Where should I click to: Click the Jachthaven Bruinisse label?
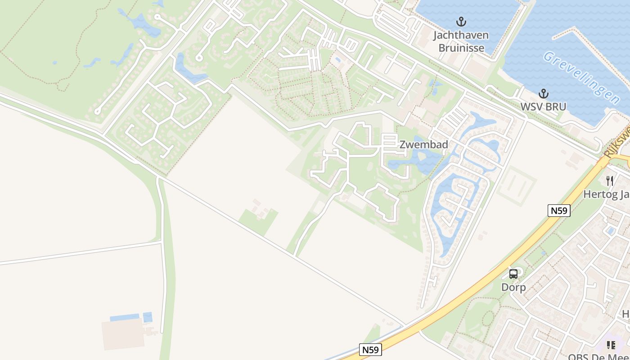[x=461, y=41]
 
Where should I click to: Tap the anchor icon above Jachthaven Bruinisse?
[x=461, y=21]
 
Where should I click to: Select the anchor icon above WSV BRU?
[x=544, y=94]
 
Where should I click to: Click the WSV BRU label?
[x=543, y=107]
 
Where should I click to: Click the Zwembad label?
[x=424, y=144]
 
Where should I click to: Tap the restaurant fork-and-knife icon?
[x=610, y=180]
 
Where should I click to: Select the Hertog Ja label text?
[x=606, y=194]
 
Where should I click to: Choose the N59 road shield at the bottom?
[x=371, y=350]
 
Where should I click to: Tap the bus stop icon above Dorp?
[x=513, y=274]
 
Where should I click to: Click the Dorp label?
[x=513, y=287]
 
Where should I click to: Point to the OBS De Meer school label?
[x=598, y=357]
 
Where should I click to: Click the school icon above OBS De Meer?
[x=611, y=345]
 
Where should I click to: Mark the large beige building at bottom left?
[x=123, y=334]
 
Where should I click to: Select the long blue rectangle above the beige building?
[x=125, y=317]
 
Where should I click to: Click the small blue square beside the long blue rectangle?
[x=148, y=317]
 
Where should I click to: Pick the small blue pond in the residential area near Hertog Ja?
[x=611, y=231]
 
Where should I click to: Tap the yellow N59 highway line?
[x=477, y=288]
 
